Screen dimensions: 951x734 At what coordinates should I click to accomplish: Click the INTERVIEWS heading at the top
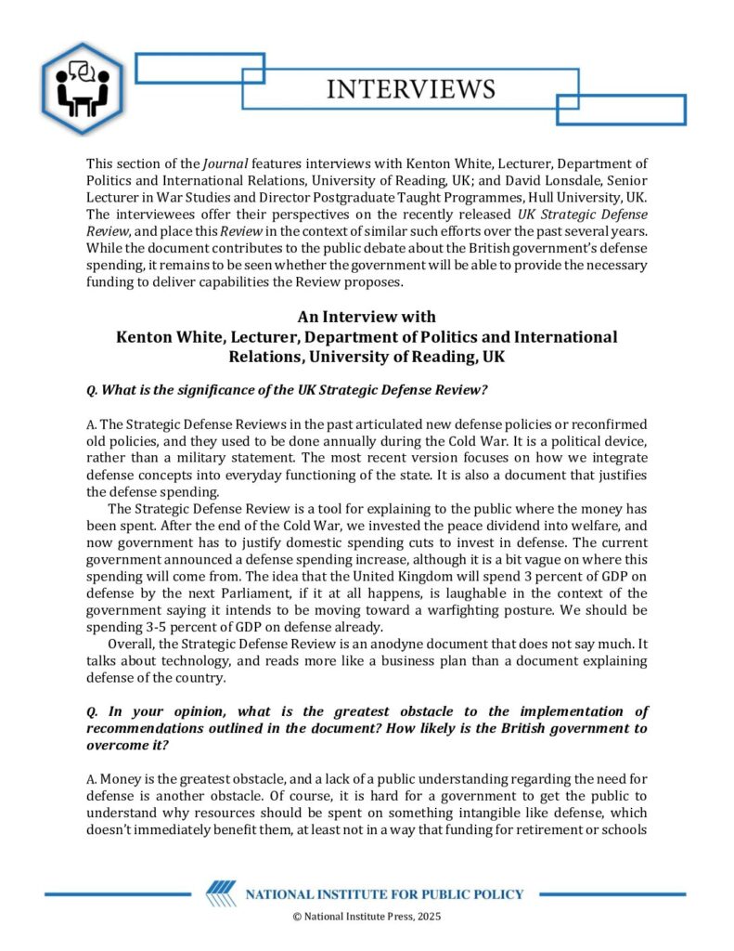[411, 89]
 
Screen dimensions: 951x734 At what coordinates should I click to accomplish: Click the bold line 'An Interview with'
[366, 318]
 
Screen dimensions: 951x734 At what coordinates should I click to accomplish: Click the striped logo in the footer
[220, 894]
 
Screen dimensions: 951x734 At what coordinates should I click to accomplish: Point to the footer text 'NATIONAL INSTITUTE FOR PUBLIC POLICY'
[384, 895]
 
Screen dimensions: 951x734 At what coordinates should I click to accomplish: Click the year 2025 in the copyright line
[428, 917]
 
